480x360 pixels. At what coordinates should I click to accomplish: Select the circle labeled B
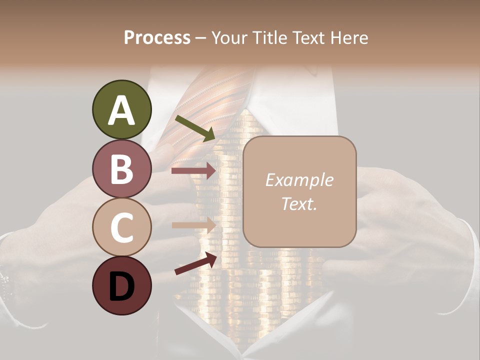pos(121,168)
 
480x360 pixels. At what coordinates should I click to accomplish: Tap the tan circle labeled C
pos(121,227)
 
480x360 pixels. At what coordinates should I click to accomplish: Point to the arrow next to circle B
pos(193,171)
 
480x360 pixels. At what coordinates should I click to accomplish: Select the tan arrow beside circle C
pos(193,225)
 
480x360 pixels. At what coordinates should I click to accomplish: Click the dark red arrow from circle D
pos(195,263)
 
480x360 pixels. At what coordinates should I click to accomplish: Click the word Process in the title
pos(157,38)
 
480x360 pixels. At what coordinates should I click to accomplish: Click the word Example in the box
pos(299,180)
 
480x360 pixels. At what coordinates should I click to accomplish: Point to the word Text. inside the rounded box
pos(299,203)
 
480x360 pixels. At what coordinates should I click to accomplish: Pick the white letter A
pos(121,110)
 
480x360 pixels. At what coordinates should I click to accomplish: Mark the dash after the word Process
pos(200,38)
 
